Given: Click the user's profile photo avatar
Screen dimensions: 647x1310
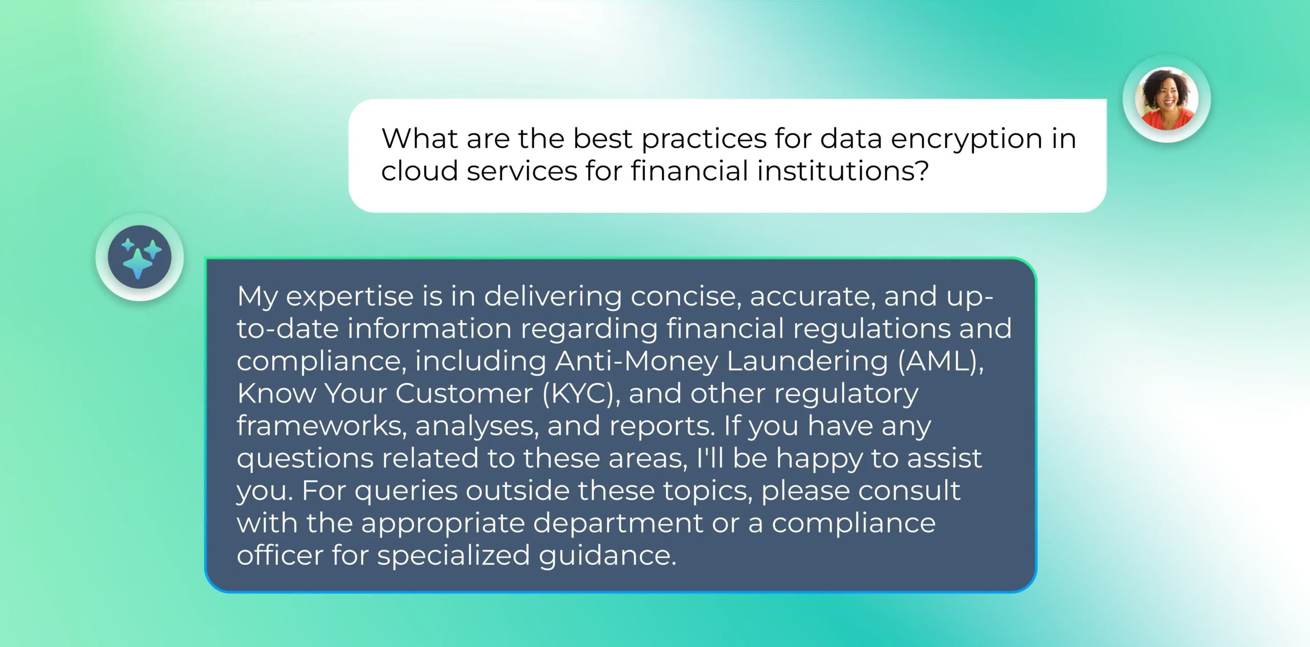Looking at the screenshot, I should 1166,98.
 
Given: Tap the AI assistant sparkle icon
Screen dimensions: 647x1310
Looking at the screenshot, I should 139,257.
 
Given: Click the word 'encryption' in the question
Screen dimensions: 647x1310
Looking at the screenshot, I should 967,139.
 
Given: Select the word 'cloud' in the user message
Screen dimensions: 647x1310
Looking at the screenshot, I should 419,171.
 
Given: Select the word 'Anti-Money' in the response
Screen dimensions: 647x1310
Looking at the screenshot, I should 637,361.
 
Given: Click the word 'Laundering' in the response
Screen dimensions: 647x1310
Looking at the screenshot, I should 807,361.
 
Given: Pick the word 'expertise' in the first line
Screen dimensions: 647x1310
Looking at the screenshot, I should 349,297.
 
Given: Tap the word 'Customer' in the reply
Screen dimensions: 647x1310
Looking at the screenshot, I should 464,393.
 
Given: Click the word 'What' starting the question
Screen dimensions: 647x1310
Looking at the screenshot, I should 419,139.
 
